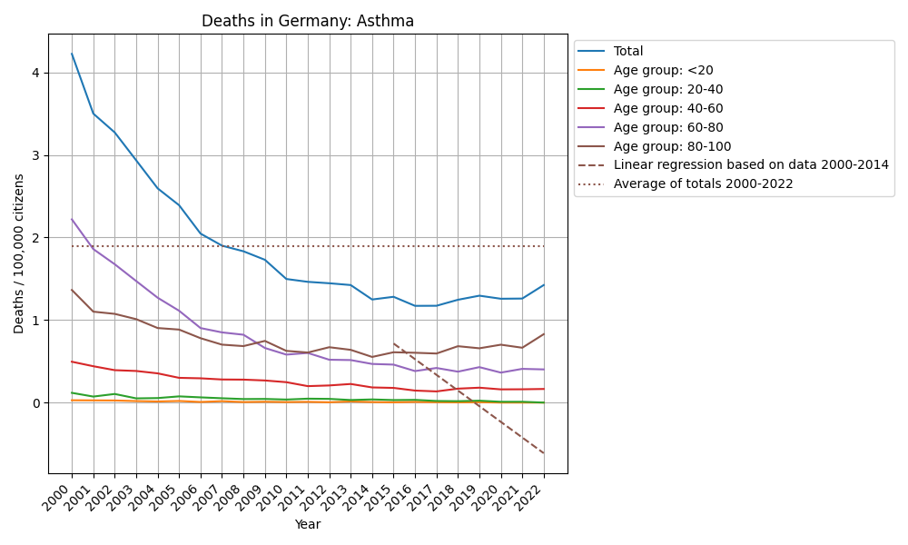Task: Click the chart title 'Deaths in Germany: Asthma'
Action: coord(308,21)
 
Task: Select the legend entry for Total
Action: coord(628,52)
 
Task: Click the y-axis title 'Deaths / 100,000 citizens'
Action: coord(19,253)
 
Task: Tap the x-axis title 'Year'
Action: coord(308,524)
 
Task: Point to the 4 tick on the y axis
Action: coord(36,73)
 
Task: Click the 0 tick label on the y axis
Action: coord(36,403)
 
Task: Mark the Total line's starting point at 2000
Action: coord(72,54)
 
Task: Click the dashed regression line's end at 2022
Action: coord(544,453)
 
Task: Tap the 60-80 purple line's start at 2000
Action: coord(72,219)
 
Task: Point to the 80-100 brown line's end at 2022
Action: coord(544,333)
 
